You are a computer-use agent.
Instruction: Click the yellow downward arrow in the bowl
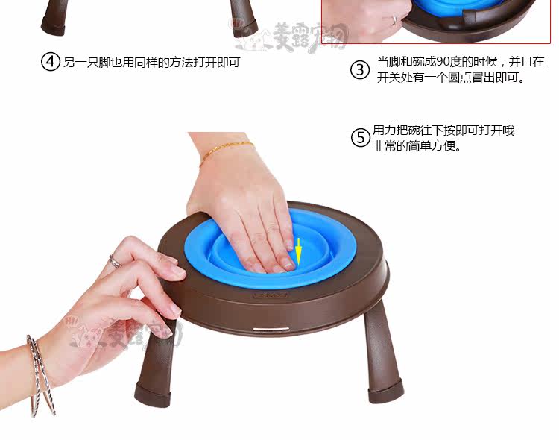(298, 251)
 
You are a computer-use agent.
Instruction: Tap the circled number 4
(50, 62)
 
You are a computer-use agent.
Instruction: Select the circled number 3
(360, 69)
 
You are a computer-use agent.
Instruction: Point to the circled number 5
(361, 138)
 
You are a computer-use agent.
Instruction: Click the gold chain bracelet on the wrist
(226, 151)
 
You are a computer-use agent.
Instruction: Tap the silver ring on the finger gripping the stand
(115, 262)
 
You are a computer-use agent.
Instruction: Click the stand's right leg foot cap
(386, 392)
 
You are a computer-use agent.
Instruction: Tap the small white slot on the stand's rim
(271, 329)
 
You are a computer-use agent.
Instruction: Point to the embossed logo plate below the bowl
(271, 295)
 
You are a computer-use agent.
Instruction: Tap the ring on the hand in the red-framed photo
(394, 20)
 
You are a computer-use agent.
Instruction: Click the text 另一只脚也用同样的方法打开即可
(151, 63)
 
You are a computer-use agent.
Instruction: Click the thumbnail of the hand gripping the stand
(175, 310)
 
